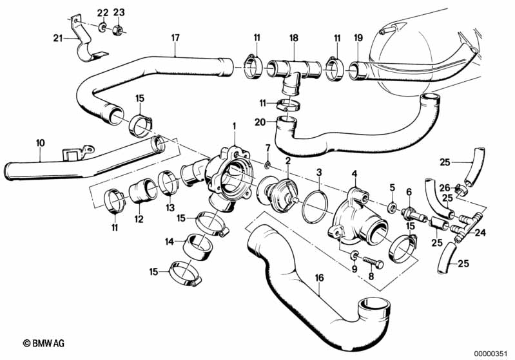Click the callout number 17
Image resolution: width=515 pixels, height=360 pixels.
[x=175, y=38]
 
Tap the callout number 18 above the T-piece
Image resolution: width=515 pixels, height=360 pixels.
[x=293, y=39]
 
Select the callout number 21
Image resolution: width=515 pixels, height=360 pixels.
[x=57, y=39]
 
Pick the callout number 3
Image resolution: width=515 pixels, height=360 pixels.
[x=319, y=173]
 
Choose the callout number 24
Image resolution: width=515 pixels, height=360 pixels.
[x=480, y=233]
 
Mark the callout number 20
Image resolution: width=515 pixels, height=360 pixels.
[x=260, y=122]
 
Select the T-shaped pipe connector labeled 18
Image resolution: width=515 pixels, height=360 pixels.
[x=293, y=70]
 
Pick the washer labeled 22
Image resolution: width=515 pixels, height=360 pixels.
[x=102, y=28]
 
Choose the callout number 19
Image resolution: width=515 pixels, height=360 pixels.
[x=358, y=39]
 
